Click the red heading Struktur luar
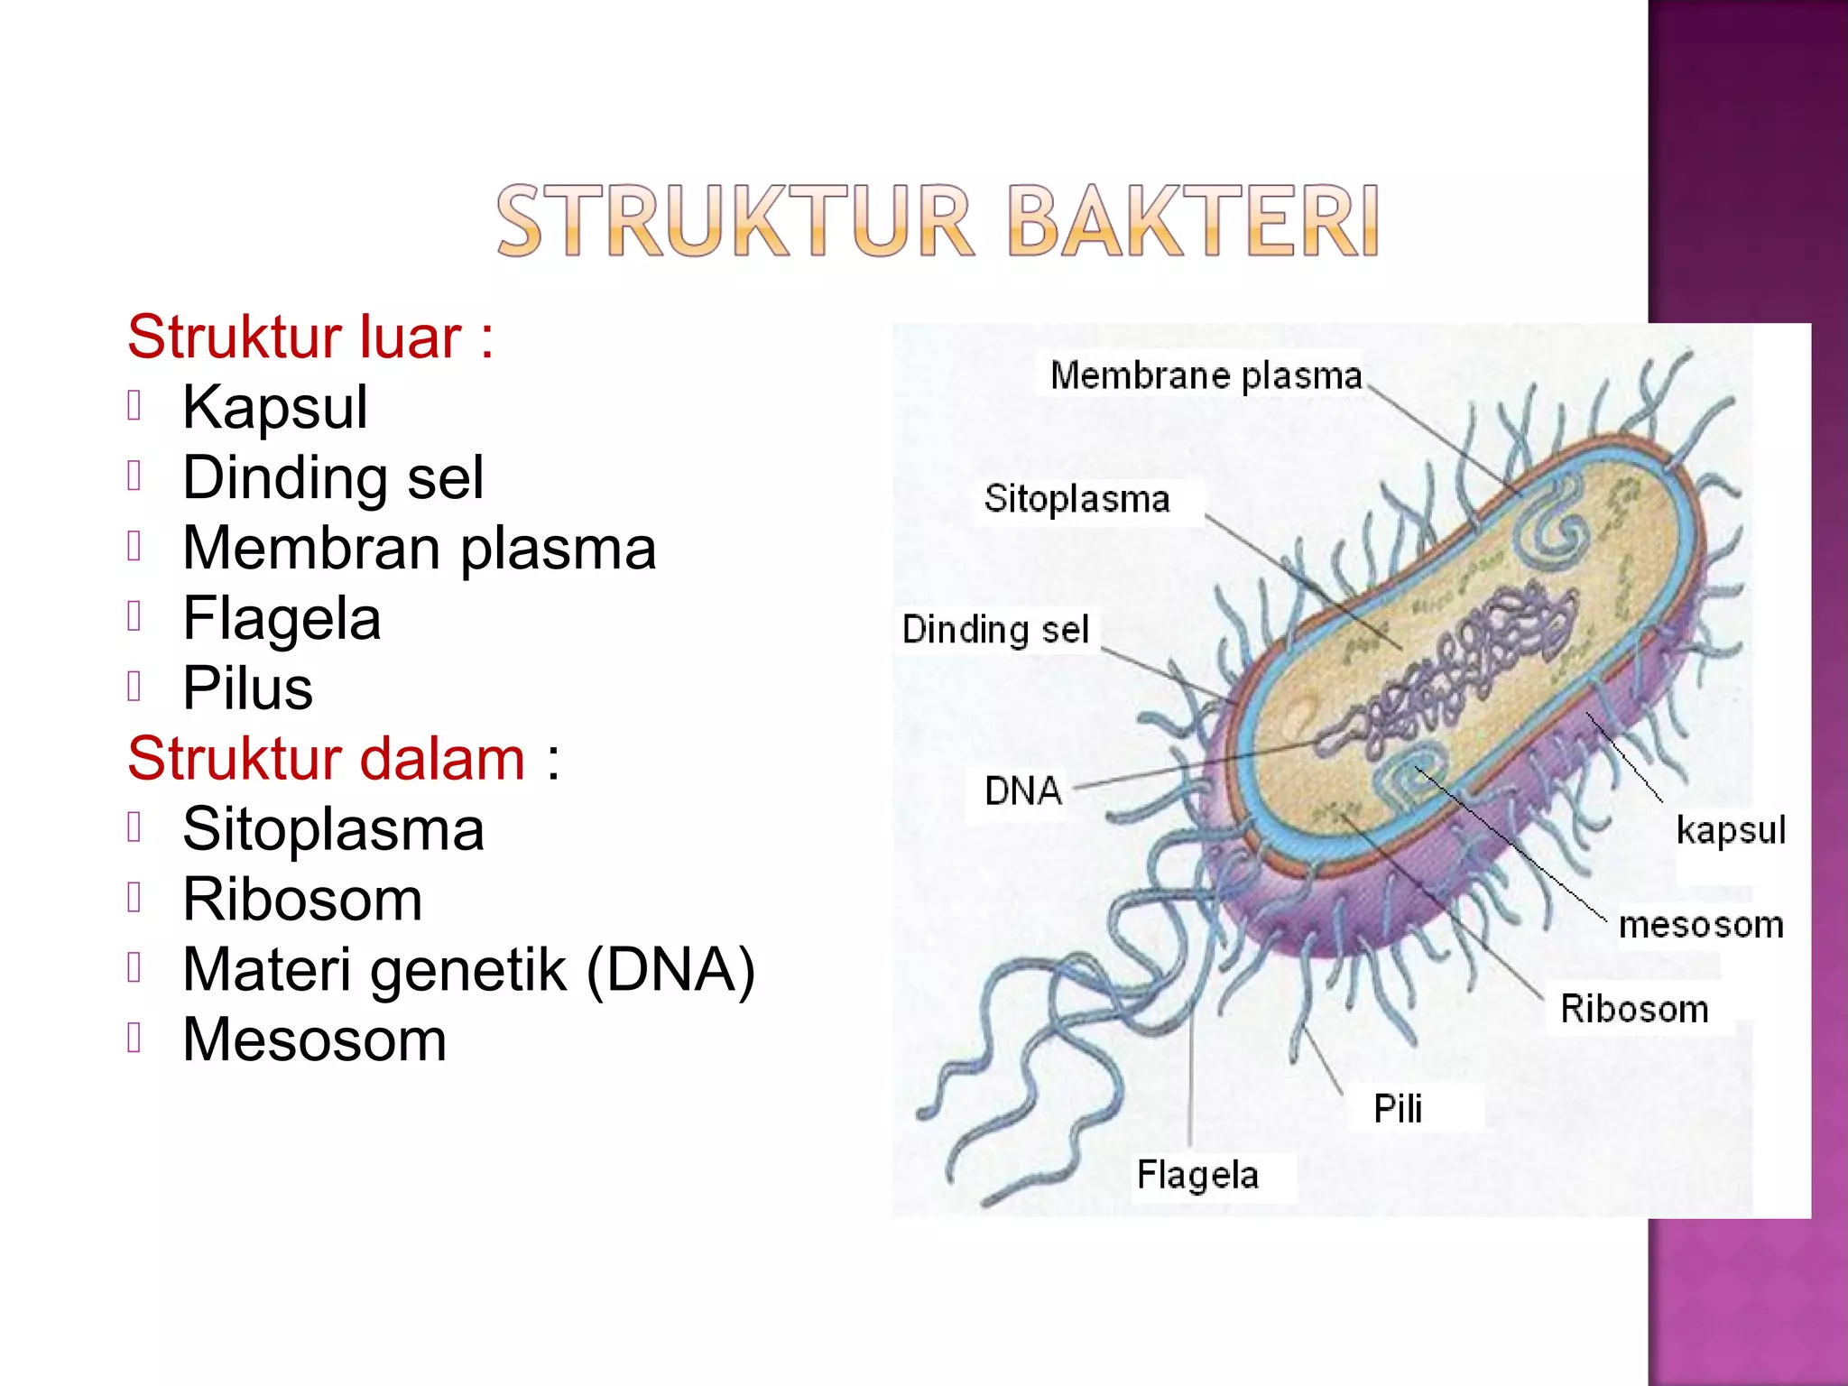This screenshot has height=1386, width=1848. (x=310, y=337)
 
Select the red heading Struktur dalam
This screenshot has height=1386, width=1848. (x=343, y=758)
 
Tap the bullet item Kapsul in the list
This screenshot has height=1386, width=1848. (x=274, y=407)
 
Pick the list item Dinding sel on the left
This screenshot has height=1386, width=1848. (x=332, y=477)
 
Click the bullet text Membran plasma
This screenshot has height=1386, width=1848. (x=419, y=548)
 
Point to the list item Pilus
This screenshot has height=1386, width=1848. (x=247, y=688)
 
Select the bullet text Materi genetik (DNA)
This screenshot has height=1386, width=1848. (x=468, y=970)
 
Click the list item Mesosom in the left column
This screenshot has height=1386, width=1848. (x=314, y=1039)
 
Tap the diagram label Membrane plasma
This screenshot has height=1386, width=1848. (x=1206, y=375)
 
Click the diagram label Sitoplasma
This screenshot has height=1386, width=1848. (x=1076, y=499)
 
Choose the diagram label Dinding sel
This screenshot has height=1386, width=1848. (x=995, y=630)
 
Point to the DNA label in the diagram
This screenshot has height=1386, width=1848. (x=1022, y=791)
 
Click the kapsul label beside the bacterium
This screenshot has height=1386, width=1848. (x=1731, y=830)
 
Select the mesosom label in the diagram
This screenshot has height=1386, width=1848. (x=1701, y=925)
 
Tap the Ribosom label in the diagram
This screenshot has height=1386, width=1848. (x=1634, y=1009)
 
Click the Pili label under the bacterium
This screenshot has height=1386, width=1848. (x=1398, y=1109)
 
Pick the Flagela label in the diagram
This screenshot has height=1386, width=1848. (x=1197, y=1175)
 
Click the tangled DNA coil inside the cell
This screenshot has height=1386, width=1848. (x=1462, y=659)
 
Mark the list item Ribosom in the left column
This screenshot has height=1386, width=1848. (x=302, y=900)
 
